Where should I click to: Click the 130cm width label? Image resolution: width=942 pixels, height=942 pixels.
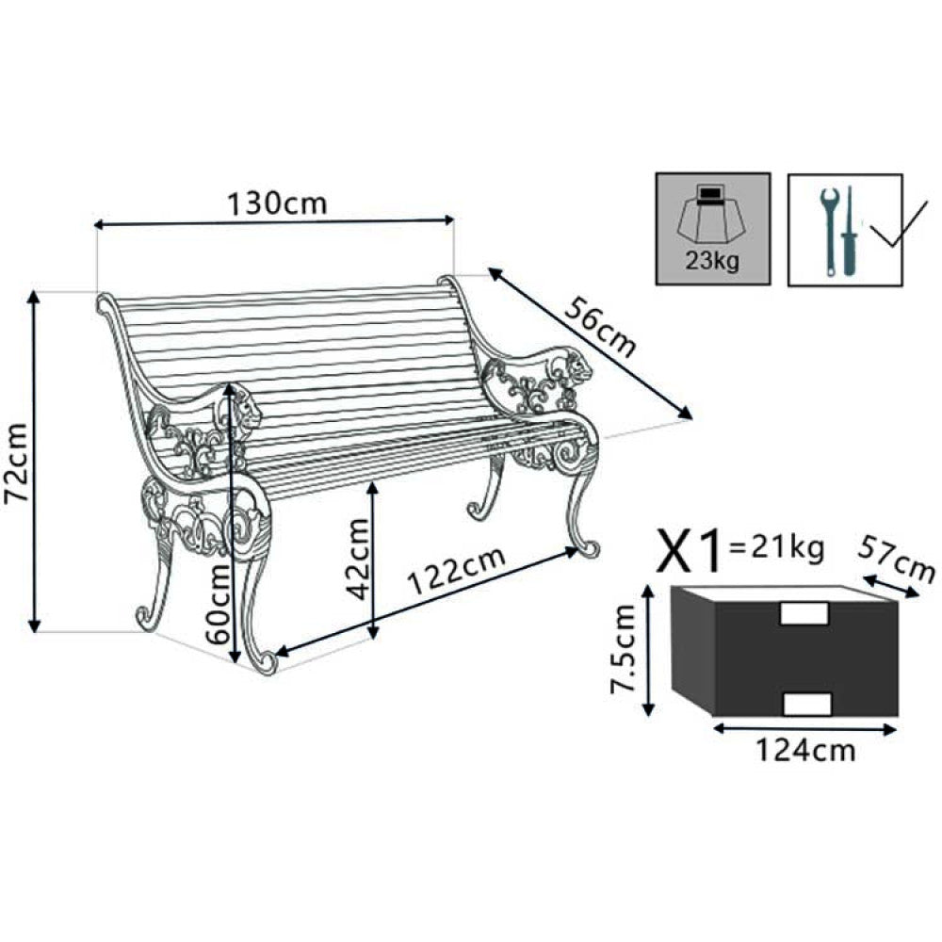point(276,203)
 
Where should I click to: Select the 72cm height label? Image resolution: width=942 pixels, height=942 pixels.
point(17,463)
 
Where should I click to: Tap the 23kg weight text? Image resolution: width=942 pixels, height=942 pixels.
point(713,261)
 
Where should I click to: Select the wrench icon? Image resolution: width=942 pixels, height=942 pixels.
point(829,231)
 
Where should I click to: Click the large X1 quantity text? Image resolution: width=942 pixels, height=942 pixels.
point(691,550)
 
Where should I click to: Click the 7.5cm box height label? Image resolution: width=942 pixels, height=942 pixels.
point(624,650)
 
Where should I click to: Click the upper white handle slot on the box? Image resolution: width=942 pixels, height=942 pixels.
point(805,613)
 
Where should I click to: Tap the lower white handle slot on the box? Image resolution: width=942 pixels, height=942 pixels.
point(807,704)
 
